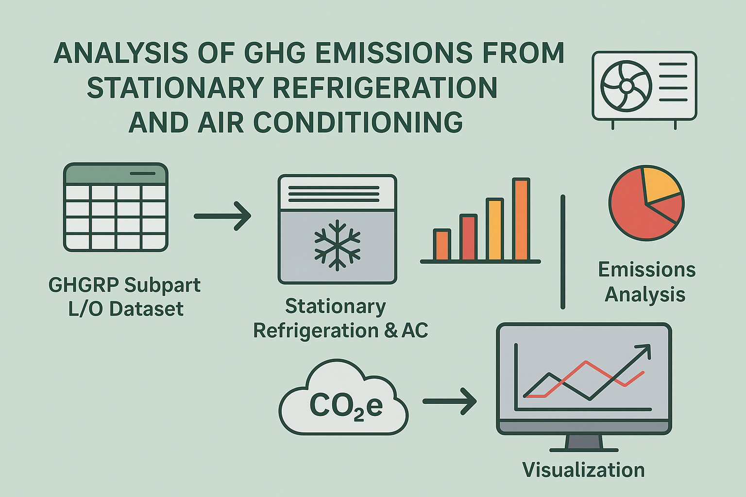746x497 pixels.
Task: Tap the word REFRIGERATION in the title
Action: point(385,87)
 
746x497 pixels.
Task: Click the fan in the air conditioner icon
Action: point(626,86)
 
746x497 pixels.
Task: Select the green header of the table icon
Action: point(116,173)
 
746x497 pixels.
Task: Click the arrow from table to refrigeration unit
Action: point(222,216)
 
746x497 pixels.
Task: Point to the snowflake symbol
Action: point(338,245)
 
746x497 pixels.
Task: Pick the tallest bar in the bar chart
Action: point(521,219)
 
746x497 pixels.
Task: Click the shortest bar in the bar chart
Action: point(442,245)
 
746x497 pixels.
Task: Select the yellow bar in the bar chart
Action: point(494,229)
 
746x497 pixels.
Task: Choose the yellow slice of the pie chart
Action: point(660,184)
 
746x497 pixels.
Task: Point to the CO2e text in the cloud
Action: point(346,405)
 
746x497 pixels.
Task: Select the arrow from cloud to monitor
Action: point(450,401)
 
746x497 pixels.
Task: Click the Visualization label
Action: point(583,470)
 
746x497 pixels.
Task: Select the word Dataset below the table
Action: point(147,309)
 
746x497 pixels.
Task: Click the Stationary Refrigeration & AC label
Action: point(340,318)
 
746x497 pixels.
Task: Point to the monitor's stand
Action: point(584,443)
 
